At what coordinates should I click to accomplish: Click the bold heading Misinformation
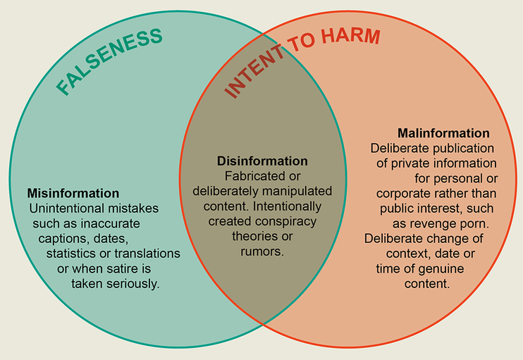click(73, 193)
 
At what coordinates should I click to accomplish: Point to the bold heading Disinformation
click(262, 161)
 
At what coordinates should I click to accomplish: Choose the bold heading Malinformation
click(443, 132)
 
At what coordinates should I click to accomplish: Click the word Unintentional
click(66, 209)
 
